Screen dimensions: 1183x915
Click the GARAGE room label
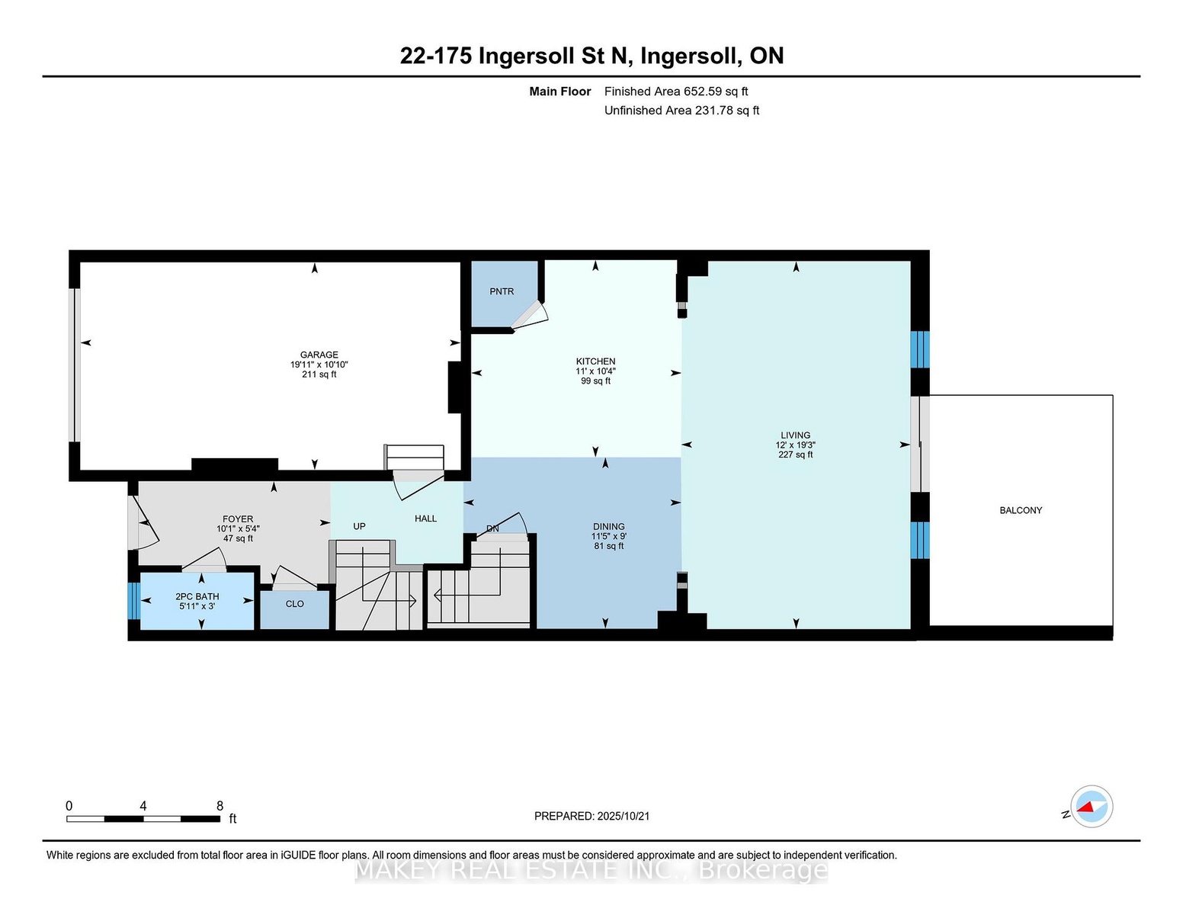[319, 355]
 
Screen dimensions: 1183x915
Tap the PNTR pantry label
[502, 291]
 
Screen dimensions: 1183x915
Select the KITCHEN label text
[595, 361]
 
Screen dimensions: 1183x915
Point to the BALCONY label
[1021, 510]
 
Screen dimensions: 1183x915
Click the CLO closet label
[294, 604]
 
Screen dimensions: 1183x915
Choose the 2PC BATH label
[197, 596]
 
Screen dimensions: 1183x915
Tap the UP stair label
[359, 526]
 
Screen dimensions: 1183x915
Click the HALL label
[426, 518]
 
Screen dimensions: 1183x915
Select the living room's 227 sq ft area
[795, 454]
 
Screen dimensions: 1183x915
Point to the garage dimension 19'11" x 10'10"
[319, 364]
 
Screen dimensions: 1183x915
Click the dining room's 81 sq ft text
[608, 546]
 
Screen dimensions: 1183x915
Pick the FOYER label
[238, 518]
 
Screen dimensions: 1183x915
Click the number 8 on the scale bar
[220, 806]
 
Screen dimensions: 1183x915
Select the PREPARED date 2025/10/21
[624, 816]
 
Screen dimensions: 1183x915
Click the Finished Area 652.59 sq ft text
[676, 91]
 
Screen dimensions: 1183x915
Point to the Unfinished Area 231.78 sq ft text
[681, 110]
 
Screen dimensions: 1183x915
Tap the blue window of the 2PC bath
[134, 600]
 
